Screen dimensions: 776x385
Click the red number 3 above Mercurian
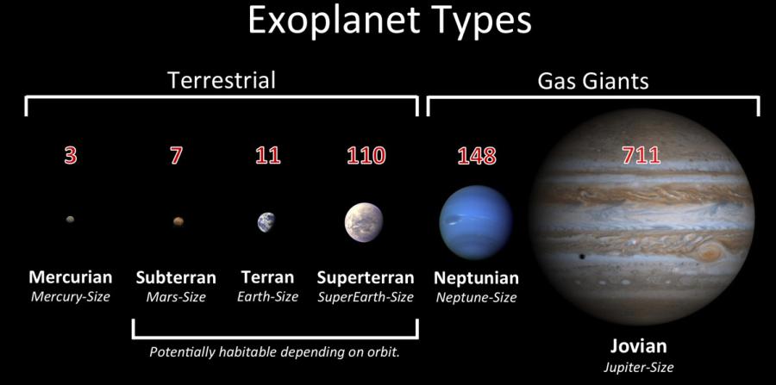pos(71,156)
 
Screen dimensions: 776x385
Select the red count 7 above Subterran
pos(176,156)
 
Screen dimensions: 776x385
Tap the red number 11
pos(268,156)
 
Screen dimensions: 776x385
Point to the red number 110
pos(366,156)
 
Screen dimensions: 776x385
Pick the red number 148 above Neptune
pos(477,156)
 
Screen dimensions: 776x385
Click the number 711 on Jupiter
pos(641,156)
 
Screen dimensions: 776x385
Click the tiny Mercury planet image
pos(71,220)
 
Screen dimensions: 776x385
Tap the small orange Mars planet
pos(178,221)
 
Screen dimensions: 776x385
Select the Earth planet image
pos(266,222)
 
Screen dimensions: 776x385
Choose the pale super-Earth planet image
pos(364,222)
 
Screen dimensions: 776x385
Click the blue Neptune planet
pos(476,222)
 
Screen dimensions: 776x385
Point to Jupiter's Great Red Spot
pos(710,252)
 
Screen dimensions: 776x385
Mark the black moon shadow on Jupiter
pos(581,257)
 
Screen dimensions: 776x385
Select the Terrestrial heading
pos(222,81)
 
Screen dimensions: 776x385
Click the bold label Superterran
pos(366,277)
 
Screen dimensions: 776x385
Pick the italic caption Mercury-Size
pos(71,297)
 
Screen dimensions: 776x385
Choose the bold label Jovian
pos(638,346)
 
